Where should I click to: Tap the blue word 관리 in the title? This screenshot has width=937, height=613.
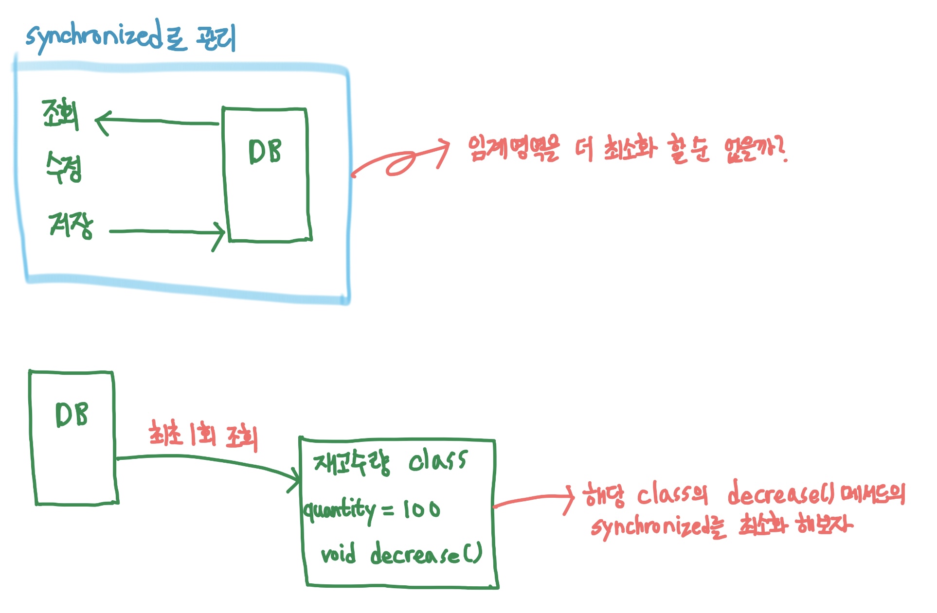tap(216, 37)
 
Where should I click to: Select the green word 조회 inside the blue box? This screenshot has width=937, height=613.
tap(60, 114)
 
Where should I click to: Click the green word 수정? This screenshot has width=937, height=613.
tap(63, 167)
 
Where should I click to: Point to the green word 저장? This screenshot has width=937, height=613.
tap(71, 225)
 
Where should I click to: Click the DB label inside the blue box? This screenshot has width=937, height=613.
tap(265, 152)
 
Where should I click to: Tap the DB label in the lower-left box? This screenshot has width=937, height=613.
tap(72, 415)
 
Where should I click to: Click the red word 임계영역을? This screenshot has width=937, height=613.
tap(513, 148)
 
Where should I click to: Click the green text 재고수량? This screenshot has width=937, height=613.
tap(351, 462)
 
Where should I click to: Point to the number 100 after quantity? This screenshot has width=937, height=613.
tap(421, 510)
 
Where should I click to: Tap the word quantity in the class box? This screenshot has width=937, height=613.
tap(340, 510)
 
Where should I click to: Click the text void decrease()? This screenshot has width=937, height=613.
tap(401, 554)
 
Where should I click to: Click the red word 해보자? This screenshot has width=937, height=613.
tap(823, 525)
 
